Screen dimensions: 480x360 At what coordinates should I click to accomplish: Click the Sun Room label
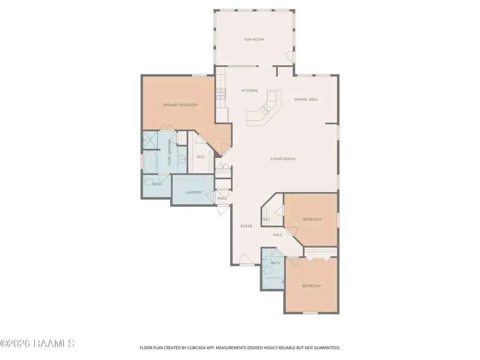[x=254, y=39]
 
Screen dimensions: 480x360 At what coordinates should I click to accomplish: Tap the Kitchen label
[x=250, y=90]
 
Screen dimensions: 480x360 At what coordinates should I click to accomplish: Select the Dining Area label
[x=306, y=99]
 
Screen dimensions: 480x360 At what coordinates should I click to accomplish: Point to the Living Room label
[x=283, y=158]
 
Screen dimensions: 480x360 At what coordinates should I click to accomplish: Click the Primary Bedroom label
[x=180, y=105]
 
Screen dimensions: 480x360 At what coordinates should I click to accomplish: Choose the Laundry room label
[x=194, y=192]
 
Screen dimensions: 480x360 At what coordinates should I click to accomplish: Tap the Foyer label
[x=246, y=226]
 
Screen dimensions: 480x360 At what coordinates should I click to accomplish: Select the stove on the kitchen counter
[x=221, y=94]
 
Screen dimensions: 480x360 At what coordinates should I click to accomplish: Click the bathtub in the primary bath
[x=150, y=162]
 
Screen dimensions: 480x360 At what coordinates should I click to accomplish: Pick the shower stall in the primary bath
[x=150, y=140]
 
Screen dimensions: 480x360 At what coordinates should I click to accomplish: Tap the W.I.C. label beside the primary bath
[x=201, y=157]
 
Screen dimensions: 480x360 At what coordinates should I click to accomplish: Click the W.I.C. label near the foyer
[x=266, y=219]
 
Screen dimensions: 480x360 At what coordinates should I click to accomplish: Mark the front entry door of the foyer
[x=246, y=260]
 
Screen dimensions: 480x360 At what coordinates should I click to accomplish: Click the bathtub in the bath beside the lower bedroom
[x=274, y=284]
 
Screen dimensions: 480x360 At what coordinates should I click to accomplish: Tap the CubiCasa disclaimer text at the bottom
[x=239, y=348]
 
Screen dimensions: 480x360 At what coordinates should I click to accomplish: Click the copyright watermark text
[x=37, y=343]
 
